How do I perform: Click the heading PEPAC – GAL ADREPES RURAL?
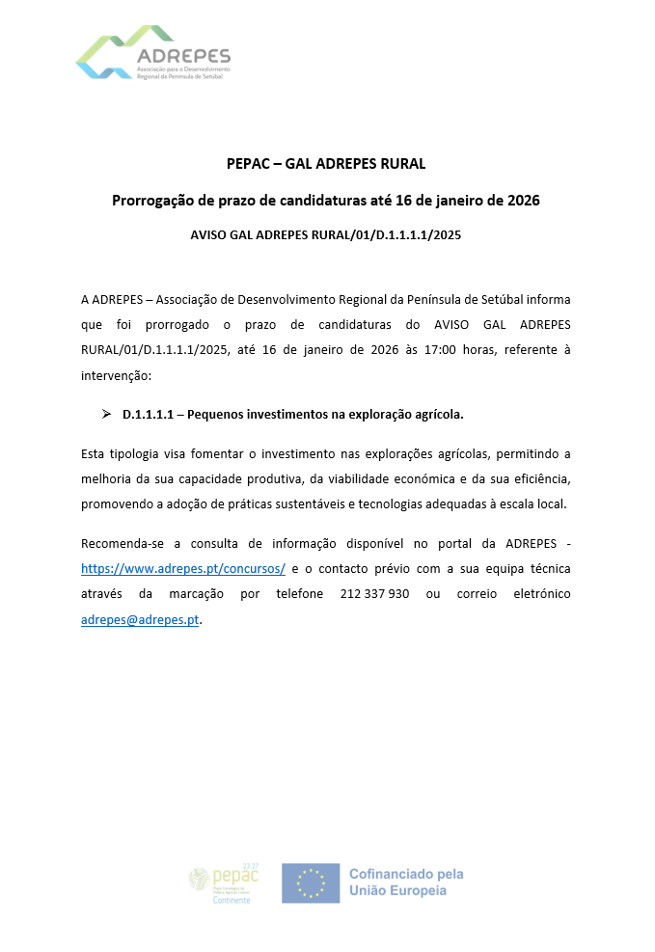pos(326,163)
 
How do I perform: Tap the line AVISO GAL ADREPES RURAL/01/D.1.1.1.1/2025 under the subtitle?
pos(326,234)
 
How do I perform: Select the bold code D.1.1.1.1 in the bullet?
pos(147,415)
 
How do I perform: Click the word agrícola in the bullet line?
pos(435,415)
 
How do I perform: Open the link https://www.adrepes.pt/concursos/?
pos(183,569)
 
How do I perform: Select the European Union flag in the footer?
pos(311,883)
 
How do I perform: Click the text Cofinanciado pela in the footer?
pos(406,874)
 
